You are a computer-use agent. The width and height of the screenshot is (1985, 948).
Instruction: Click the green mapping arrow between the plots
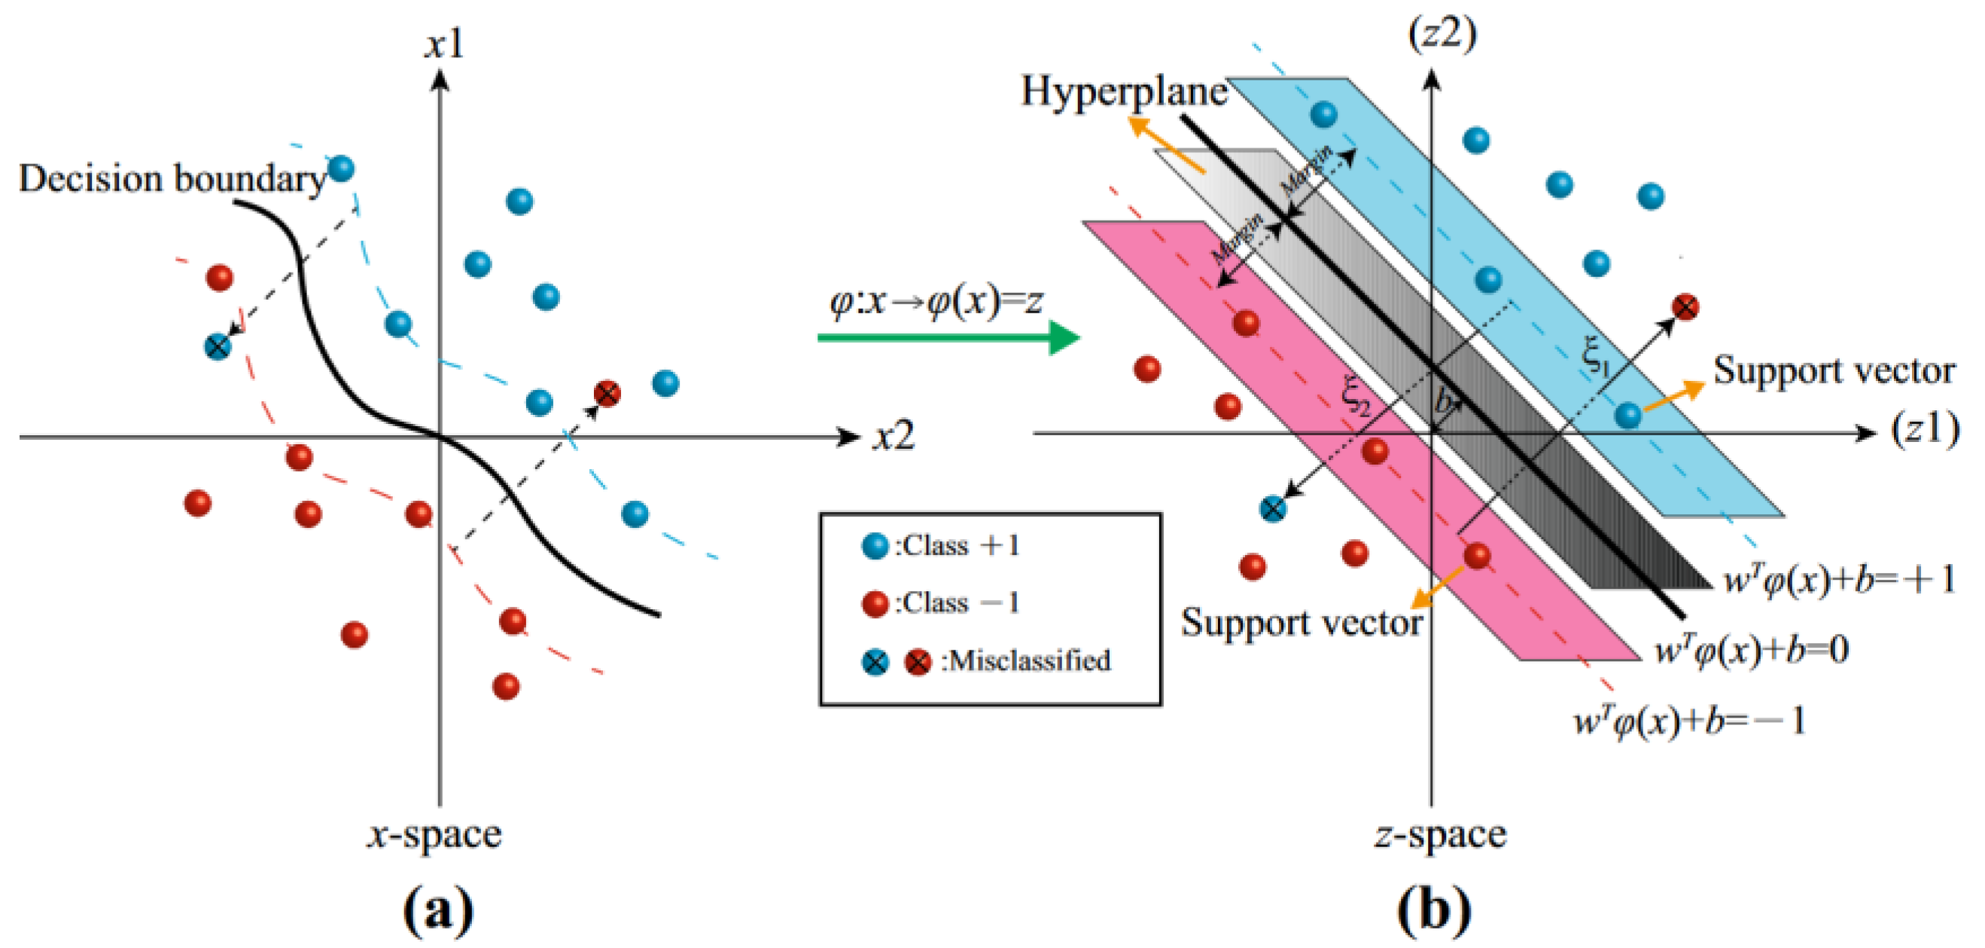[x=948, y=337]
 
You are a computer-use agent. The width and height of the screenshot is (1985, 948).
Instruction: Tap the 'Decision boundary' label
[x=172, y=179]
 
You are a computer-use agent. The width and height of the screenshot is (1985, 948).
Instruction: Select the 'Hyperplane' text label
[x=1124, y=93]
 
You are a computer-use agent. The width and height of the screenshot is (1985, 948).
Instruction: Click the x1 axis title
[x=445, y=44]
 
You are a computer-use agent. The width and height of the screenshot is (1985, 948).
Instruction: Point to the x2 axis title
[x=894, y=437]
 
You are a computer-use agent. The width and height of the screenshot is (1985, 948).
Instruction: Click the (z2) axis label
[x=1441, y=35]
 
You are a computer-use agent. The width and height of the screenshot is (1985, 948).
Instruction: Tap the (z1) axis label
[x=1925, y=428]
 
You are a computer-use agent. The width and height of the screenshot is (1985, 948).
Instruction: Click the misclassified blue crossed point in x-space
[x=218, y=346]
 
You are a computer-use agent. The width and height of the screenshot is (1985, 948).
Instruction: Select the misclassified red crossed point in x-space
[x=607, y=394]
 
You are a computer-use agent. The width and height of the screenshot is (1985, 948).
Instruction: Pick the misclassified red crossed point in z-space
[x=1685, y=307]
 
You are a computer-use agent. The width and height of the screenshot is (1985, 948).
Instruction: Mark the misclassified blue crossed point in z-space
[x=1272, y=509]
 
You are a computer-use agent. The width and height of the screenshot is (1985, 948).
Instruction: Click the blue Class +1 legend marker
[x=875, y=547]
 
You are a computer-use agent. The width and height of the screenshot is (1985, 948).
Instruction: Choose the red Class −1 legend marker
[x=875, y=603]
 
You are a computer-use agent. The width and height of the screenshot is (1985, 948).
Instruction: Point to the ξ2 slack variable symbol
[x=1356, y=395]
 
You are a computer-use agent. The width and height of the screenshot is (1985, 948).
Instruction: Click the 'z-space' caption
[x=1439, y=835]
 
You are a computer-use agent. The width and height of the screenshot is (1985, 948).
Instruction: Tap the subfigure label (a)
[x=437, y=910]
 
